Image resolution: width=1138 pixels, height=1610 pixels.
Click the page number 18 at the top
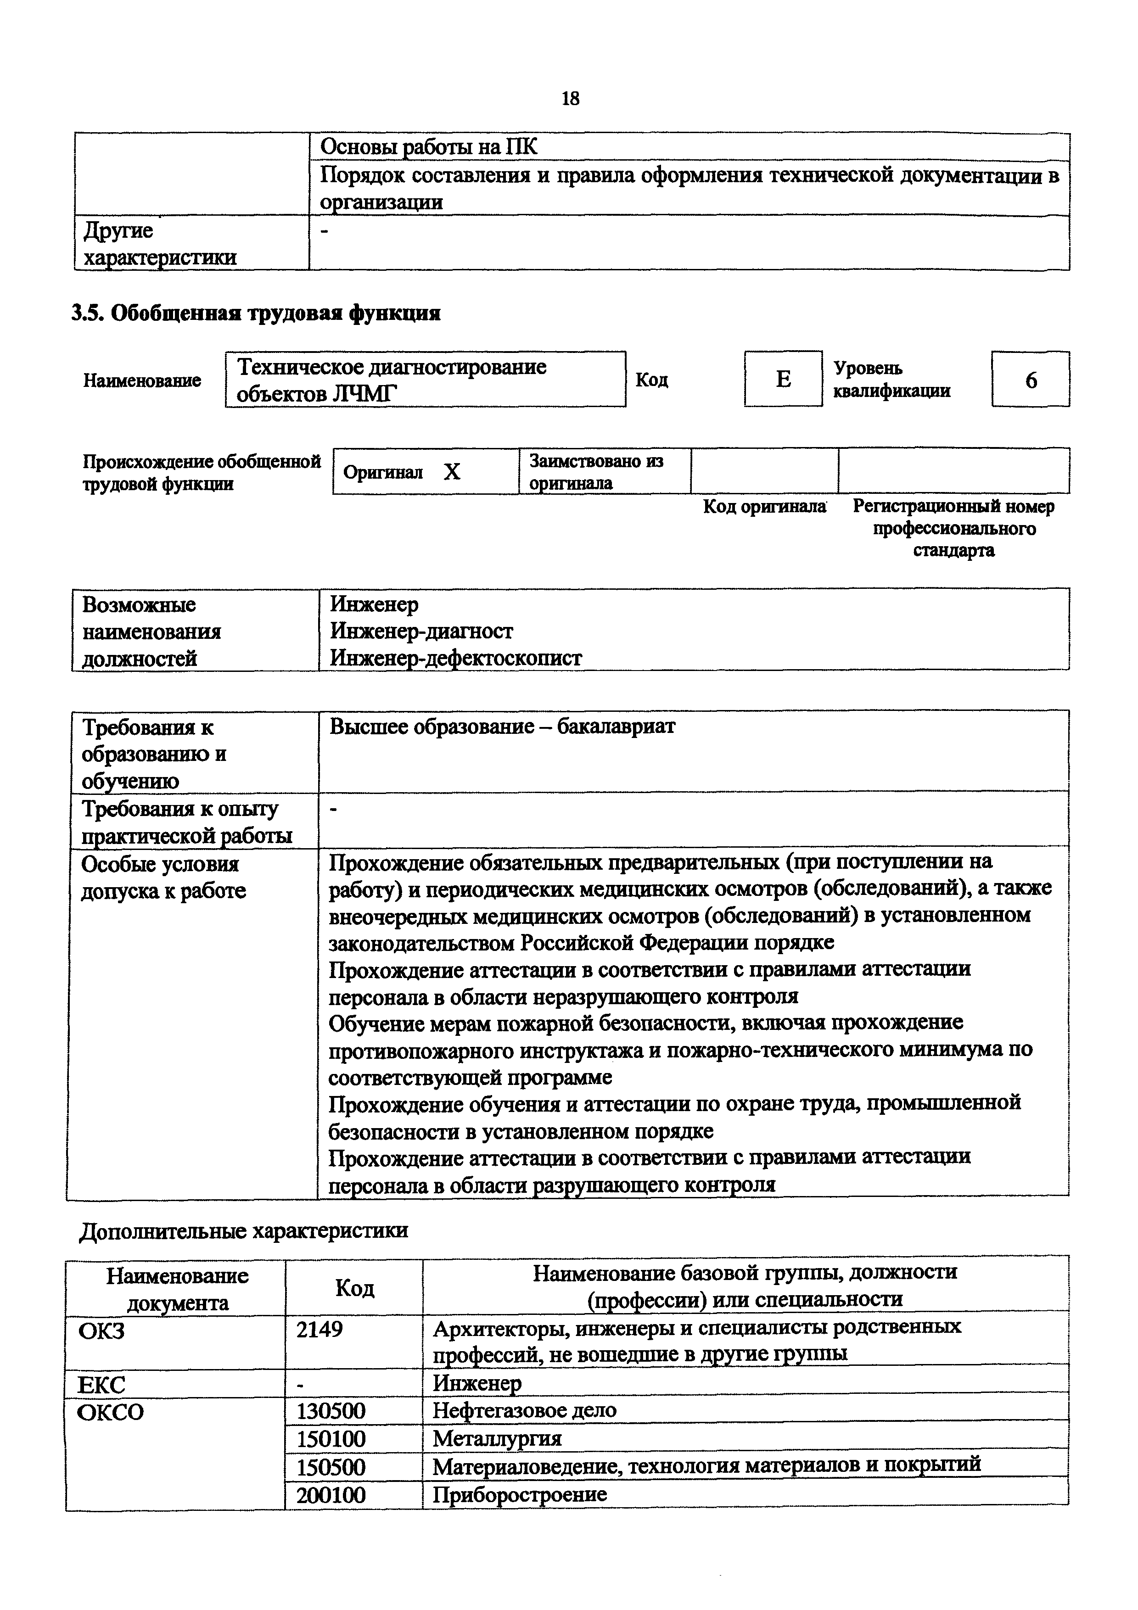[570, 99]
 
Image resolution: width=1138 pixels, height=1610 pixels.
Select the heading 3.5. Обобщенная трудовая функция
[256, 313]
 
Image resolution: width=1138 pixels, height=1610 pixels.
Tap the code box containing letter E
[783, 380]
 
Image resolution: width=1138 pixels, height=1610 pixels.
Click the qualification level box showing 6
[1030, 380]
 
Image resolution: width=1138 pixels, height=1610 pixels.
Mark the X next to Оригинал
[452, 472]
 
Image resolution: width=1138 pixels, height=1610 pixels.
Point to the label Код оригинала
[764, 506]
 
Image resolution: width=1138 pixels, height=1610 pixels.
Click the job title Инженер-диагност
[421, 631]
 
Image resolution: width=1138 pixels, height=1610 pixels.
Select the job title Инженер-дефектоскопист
[456, 658]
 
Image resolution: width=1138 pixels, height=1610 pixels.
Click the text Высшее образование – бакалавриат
[502, 727]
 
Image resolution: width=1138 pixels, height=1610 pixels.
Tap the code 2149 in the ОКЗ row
[320, 1328]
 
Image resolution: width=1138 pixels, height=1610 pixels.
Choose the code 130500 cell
[331, 1410]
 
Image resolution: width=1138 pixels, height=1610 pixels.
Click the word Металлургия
[497, 1439]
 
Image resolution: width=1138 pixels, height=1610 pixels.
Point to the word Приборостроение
[520, 1494]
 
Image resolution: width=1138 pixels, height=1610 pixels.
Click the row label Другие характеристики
[159, 243]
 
